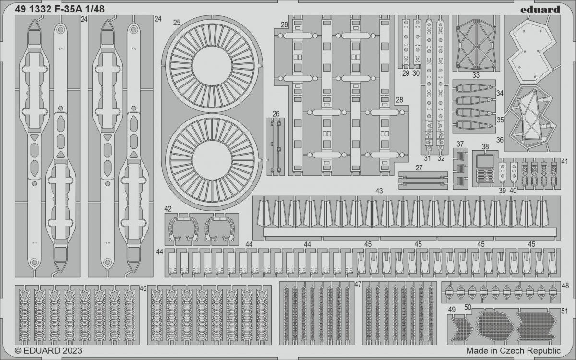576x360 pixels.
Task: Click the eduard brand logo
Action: coord(540,10)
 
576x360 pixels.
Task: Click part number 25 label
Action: coord(177,23)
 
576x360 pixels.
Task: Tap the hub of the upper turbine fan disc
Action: coord(212,66)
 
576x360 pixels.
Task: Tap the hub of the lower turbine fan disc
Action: coord(212,160)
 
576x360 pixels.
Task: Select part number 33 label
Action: coord(476,75)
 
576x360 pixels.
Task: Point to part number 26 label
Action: coord(276,114)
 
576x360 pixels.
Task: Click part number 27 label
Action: coord(419,168)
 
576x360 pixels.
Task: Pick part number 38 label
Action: coord(485,147)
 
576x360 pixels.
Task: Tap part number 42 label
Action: coord(168,209)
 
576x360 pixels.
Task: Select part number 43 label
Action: coord(379,191)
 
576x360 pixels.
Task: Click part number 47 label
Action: coord(358,284)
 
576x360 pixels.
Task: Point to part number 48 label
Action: coord(565,286)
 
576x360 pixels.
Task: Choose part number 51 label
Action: coord(564,311)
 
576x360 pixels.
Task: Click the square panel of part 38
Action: coord(485,161)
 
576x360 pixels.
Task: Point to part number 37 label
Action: coord(460,144)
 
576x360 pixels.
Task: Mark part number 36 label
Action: coord(500,140)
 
